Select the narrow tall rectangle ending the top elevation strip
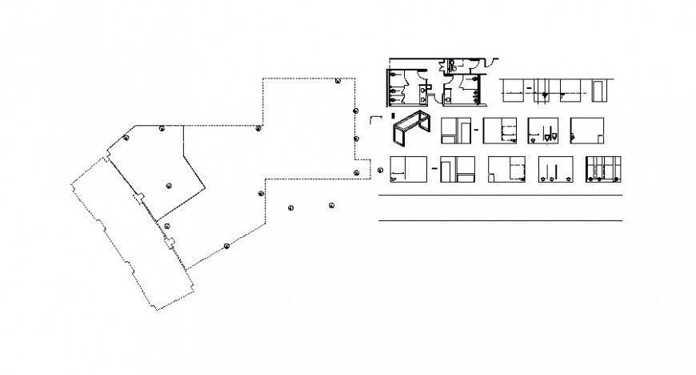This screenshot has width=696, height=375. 598,90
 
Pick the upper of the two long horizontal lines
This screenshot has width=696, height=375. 500,195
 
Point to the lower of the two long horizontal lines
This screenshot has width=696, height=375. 500,220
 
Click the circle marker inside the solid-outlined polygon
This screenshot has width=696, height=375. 169,185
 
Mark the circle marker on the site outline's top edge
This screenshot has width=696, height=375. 338,81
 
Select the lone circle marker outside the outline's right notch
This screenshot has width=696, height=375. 380,169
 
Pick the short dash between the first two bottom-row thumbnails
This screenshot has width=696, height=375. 433,169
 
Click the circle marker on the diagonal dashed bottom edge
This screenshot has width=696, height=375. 227,245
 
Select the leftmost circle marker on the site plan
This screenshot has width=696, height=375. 126,139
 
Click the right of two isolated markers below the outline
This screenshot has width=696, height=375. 330,206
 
